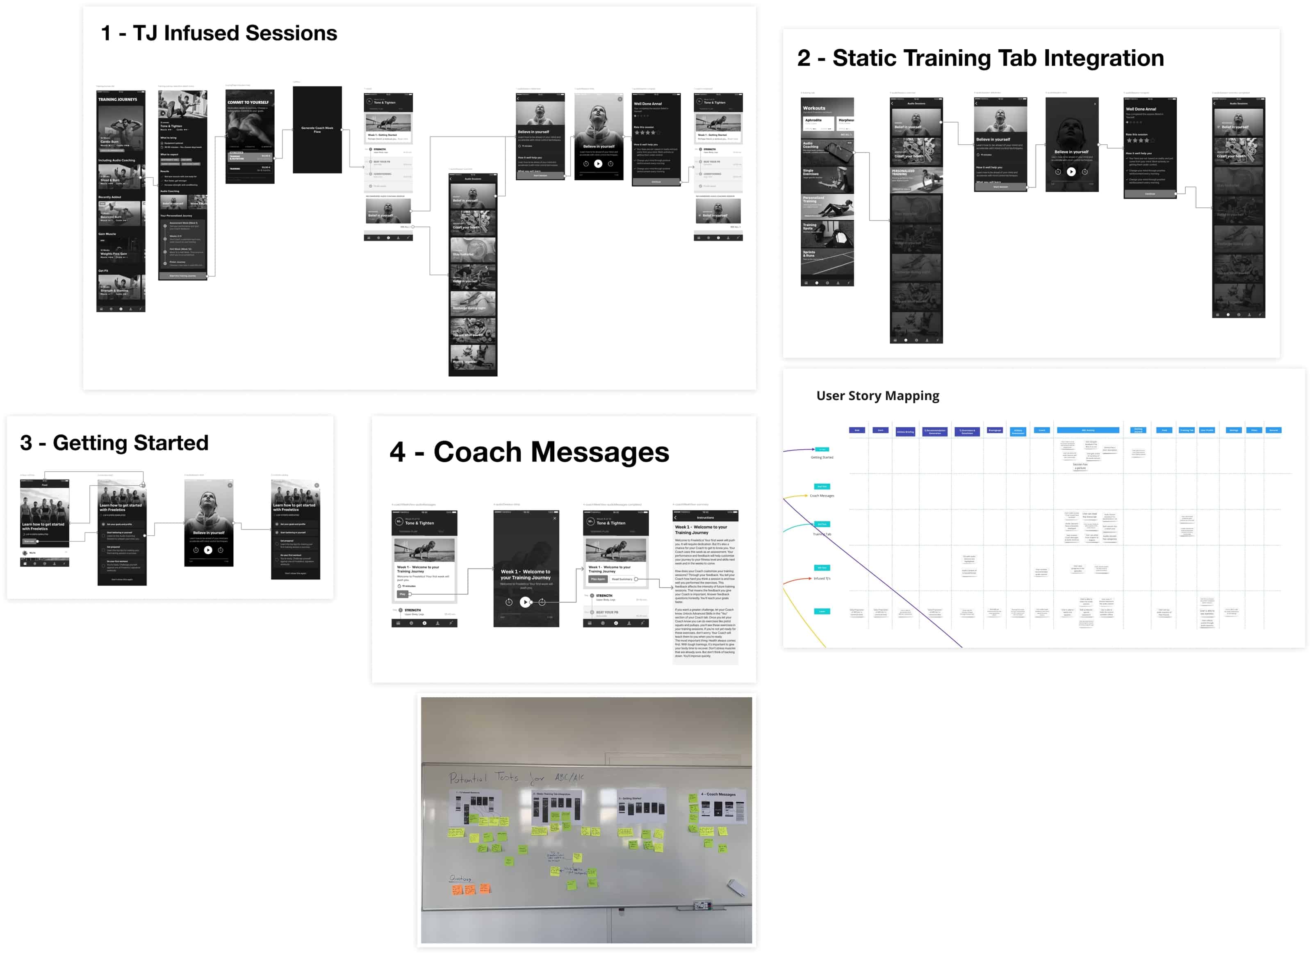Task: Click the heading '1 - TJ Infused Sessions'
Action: click(x=219, y=33)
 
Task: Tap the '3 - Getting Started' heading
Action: click(x=114, y=443)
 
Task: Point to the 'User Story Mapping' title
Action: click(x=877, y=396)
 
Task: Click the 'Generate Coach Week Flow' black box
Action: click(x=317, y=130)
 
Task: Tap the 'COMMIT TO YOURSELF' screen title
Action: click(x=248, y=102)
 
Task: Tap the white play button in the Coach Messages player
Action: click(x=525, y=602)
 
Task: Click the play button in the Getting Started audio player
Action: click(x=208, y=550)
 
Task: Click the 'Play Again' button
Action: click(x=597, y=579)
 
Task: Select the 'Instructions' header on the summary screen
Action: click(x=705, y=518)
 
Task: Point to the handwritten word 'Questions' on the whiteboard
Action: click(x=460, y=878)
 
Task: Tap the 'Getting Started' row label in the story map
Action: click(x=822, y=457)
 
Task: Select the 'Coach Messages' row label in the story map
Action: click(x=822, y=496)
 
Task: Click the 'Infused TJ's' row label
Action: click(x=822, y=578)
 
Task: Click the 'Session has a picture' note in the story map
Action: click(x=1080, y=466)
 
